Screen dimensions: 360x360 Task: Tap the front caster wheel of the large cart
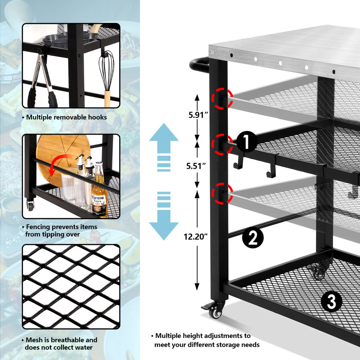pos(217,311)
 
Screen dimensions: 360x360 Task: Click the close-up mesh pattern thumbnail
pos(71,287)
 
